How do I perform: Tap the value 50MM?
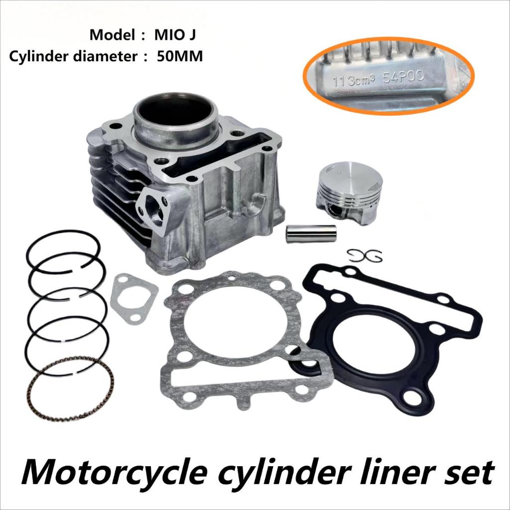coord(180,56)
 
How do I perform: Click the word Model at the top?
coord(110,36)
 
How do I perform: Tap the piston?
coord(345,192)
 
